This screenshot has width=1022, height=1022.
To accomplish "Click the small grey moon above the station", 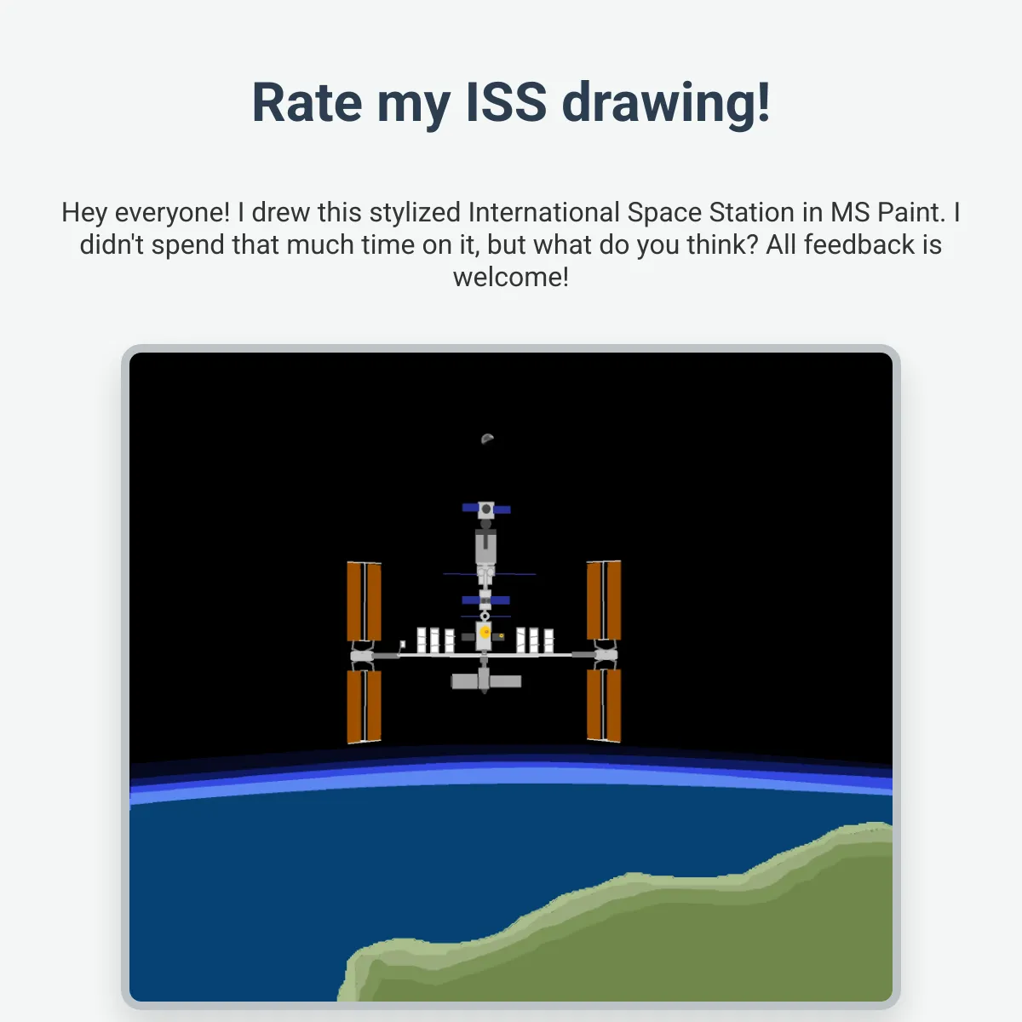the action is (487, 439).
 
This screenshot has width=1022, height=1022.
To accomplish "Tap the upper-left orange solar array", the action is (364, 601).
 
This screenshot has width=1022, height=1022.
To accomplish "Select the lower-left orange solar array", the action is (364, 706).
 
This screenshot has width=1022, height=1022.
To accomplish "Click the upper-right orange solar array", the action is (604, 600).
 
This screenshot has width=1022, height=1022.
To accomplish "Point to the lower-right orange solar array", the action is (604, 705).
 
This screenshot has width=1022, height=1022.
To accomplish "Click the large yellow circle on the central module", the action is (485, 632).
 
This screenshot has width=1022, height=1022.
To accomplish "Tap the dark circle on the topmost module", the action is (485, 509).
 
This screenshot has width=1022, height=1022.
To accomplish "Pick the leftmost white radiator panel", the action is (422, 640).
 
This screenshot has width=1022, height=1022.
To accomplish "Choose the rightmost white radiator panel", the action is (548, 641).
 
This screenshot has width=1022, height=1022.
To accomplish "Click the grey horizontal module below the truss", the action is (485, 681).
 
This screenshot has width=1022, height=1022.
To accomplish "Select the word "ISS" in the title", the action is (506, 102).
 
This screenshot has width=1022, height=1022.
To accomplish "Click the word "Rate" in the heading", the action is (307, 102).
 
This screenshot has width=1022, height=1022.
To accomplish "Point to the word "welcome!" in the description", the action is (511, 277).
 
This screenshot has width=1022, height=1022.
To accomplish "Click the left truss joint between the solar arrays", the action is (363, 656).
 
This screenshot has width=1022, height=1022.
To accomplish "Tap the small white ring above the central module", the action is (485, 617).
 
